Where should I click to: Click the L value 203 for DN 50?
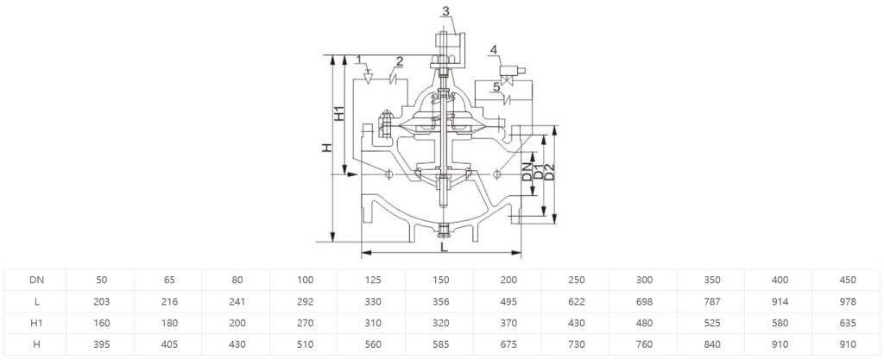click(x=102, y=301)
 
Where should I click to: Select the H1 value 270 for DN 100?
click(x=305, y=324)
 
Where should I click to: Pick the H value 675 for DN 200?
click(x=508, y=344)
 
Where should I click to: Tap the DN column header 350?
click(x=712, y=280)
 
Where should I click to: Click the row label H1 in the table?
click(x=36, y=324)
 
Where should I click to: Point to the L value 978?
click(x=848, y=301)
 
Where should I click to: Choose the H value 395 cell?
click(x=102, y=344)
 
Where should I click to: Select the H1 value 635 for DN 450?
click(x=848, y=324)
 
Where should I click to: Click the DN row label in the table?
click(x=36, y=280)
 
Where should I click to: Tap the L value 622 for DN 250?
click(x=576, y=301)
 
